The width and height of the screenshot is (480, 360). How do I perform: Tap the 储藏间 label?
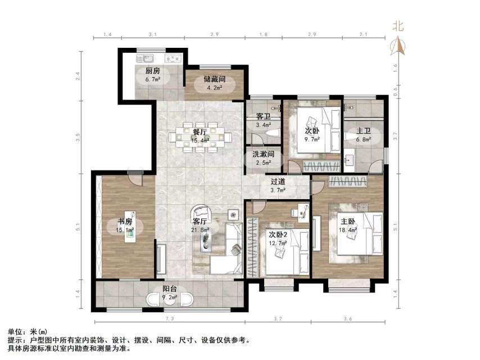click(x=214, y=79)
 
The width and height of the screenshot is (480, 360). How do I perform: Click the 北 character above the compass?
click(x=398, y=25)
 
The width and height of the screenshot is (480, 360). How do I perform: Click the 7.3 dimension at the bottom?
click(x=169, y=319)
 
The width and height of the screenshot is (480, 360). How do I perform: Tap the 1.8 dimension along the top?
click(x=262, y=35)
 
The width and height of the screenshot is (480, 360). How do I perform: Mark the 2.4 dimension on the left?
click(x=79, y=74)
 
